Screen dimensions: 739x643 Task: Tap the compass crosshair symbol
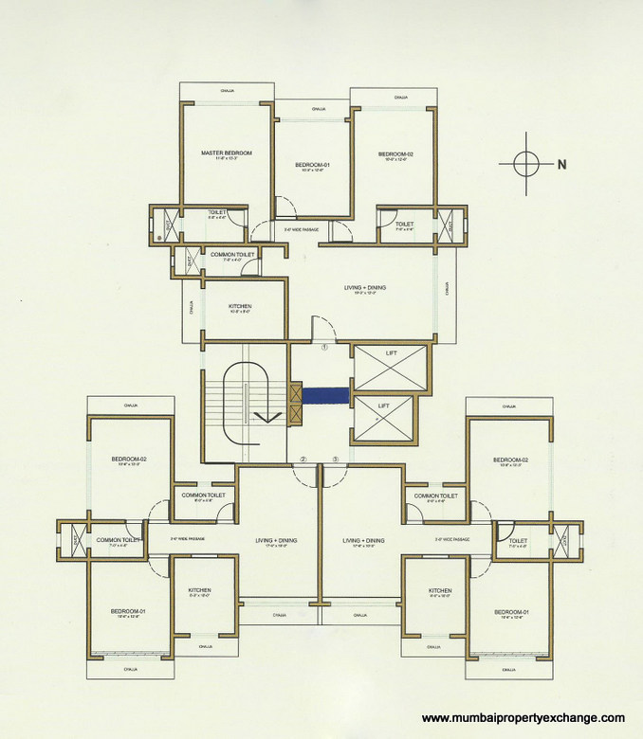(526, 163)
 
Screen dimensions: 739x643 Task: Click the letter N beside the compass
(561, 164)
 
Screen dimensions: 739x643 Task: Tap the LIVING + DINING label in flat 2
(277, 540)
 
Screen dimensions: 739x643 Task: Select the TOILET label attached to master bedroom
(216, 212)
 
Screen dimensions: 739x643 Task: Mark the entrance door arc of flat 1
(323, 328)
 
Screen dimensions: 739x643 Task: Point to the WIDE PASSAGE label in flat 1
(301, 229)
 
